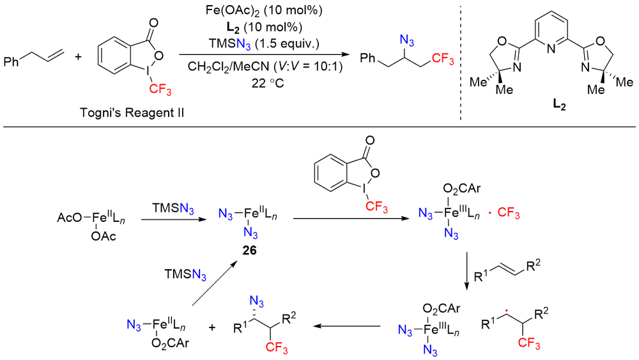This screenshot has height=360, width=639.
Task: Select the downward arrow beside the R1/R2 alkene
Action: [467, 262]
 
